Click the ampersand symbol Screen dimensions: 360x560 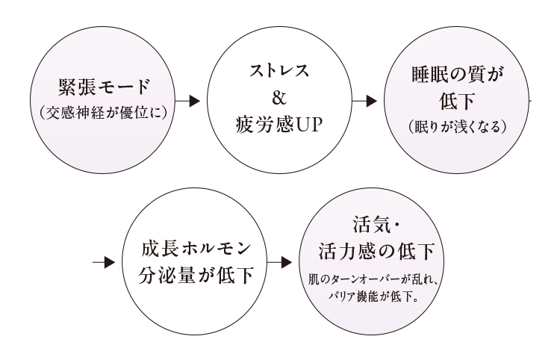coord(278,98)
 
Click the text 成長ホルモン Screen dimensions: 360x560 coord(191,247)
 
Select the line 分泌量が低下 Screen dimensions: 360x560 coord(191,273)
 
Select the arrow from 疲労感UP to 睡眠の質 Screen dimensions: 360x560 coord(366,99)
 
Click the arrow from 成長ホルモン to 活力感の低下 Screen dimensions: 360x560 coord(278,262)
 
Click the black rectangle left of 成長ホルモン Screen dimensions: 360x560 coord(46,267)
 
